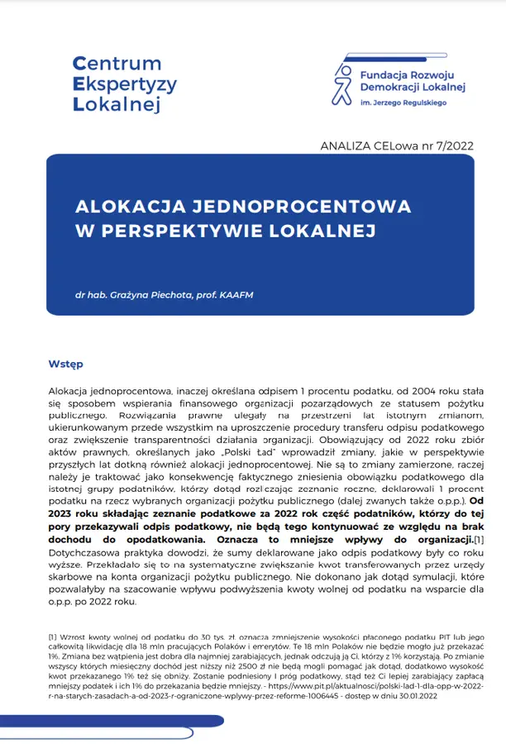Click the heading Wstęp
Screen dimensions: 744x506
click(65, 364)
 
